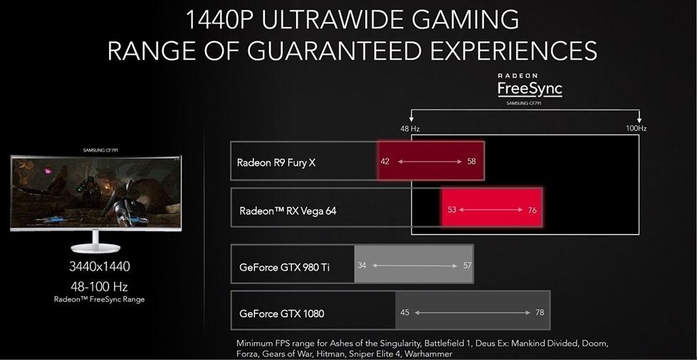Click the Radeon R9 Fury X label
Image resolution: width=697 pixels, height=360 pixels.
(x=276, y=163)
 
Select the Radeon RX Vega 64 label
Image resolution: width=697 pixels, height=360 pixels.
(x=288, y=210)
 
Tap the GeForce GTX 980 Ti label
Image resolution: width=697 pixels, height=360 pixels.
(x=285, y=268)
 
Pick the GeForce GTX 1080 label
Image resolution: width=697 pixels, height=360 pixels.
(x=281, y=313)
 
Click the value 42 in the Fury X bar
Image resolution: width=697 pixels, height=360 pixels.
(x=385, y=162)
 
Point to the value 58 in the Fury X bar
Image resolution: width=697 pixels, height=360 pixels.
(x=471, y=162)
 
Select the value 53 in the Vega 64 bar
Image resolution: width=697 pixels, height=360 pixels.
(x=452, y=209)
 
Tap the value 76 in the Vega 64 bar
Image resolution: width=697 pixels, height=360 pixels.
(x=532, y=210)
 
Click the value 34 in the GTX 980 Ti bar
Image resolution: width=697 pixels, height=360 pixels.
(x=362, y=265)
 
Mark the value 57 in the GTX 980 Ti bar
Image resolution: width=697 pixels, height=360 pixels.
(x=467, y=265)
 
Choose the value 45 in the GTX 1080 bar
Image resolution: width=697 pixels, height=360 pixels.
(x=404, y=312)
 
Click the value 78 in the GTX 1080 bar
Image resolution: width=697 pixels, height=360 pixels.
(x=539, y=312)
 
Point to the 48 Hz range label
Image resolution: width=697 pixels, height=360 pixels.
(x=410, y=129)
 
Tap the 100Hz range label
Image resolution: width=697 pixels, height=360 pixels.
(x=636, y=129)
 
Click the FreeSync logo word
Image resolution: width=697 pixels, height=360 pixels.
(x=530, y=88)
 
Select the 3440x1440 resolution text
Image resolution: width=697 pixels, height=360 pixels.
(x=100, y=267)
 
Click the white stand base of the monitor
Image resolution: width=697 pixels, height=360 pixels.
(x=95, y=248)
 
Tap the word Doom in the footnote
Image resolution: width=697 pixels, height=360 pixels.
(x=594, y=344)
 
